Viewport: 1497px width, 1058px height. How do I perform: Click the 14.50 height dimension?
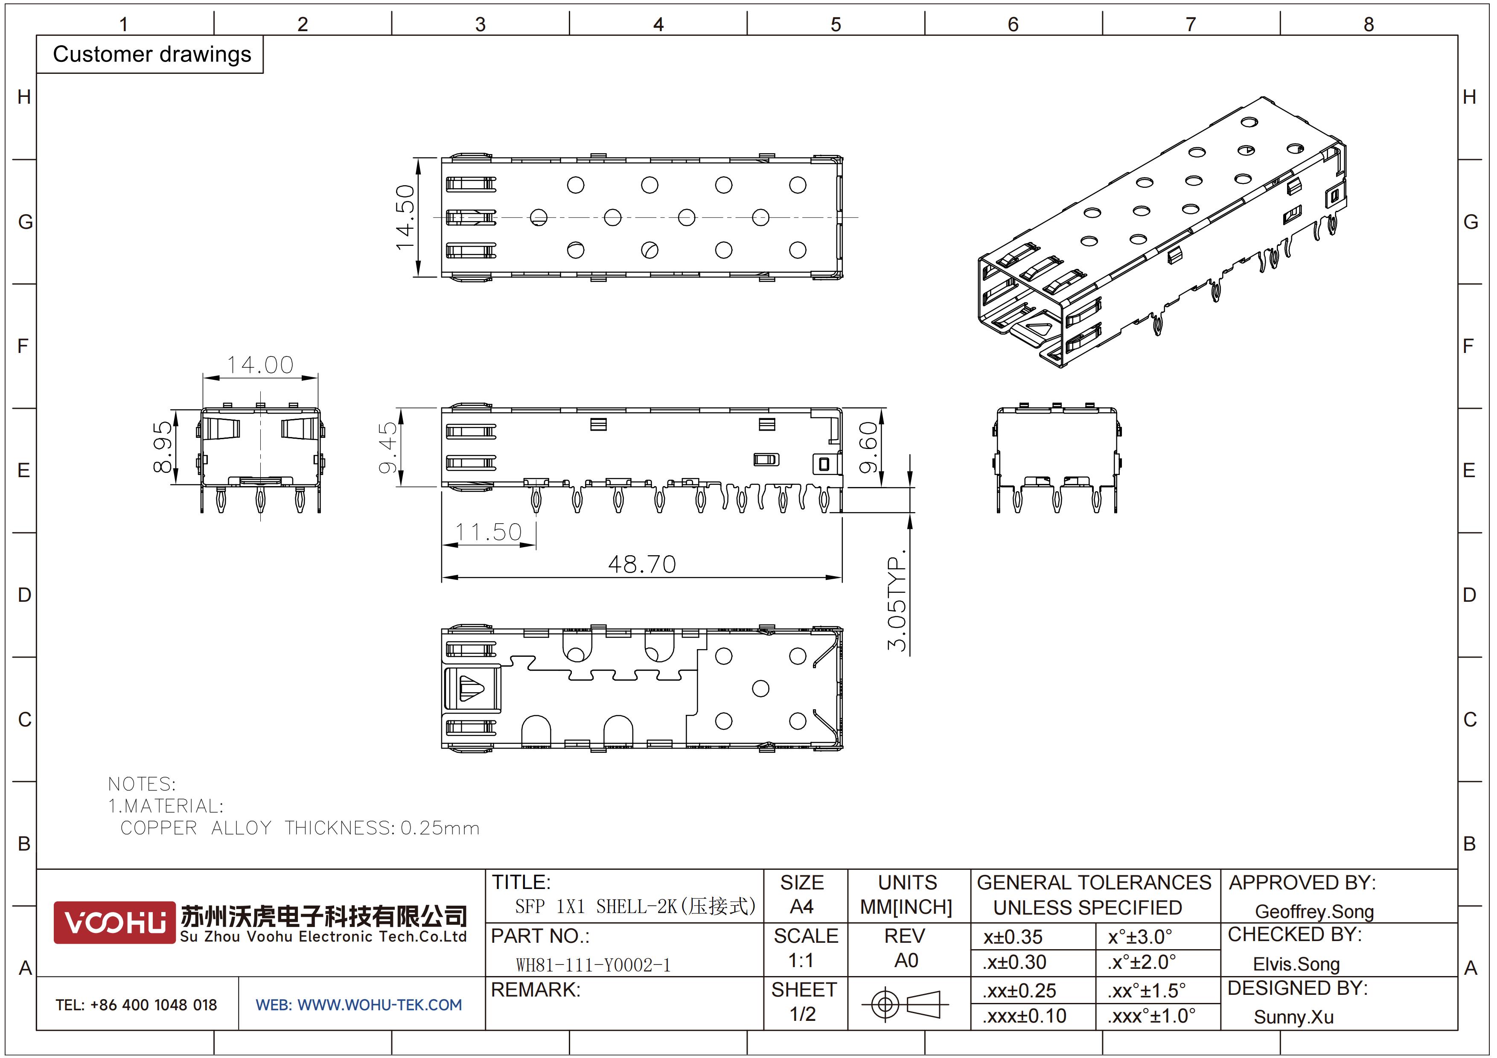pyautogui.click(x=405, y=217)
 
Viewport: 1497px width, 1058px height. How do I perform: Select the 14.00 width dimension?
pyautogui.click(x=260, y=365)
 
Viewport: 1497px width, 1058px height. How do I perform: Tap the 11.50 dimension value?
pyautogui.click(x=488, y=532)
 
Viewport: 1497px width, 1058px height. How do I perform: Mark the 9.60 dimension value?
pyautogui.click(x=868, y=447)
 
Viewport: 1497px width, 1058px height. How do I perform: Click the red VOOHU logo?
pyautogui.click(x=115, y=922)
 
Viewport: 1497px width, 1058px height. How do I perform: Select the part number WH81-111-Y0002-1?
pyautogui.click(x=593, y=965)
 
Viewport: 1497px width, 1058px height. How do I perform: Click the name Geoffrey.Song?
pyautogui.click(x=1314, y=911)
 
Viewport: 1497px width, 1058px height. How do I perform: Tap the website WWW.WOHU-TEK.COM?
pyautogui.click(x=379, y=1005)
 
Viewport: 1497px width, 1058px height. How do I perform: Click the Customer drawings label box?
pyautogui.click(x=151, y=54)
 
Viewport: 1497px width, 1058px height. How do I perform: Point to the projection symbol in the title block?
pyautogui.click(x=905, y=1004)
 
